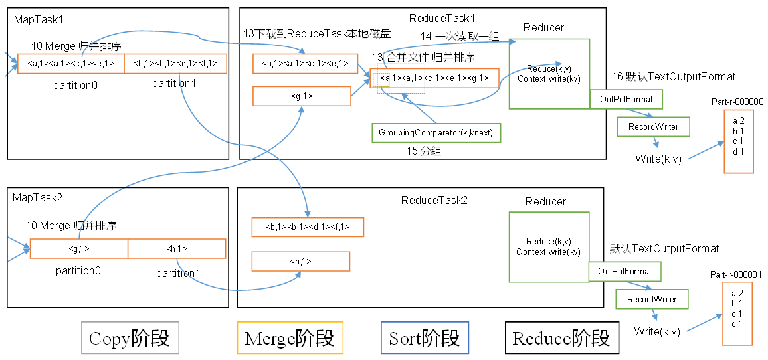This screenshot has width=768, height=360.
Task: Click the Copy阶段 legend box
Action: [130, 338]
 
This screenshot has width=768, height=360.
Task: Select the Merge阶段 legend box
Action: [290, 338]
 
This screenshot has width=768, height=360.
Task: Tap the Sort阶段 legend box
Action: [425, 338]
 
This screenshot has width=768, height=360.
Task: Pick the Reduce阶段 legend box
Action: [561, 338]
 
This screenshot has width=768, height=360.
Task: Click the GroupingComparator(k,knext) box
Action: [436, 132]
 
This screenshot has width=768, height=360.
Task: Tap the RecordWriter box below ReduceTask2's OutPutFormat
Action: [652, 299]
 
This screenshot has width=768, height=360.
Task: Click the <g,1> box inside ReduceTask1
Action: [302, 96]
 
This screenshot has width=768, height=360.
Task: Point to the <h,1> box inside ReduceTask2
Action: [300, 261]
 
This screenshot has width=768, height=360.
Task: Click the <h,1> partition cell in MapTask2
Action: [177, 248]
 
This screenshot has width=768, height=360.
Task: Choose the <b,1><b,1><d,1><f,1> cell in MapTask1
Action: [175, 63]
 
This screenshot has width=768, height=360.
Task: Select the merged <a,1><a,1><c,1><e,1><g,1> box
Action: [434, 78]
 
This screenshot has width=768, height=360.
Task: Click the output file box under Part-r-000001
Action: [737, 314]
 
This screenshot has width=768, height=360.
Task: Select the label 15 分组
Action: [424, 151]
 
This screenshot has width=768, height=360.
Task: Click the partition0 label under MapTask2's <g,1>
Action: [78, 270]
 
